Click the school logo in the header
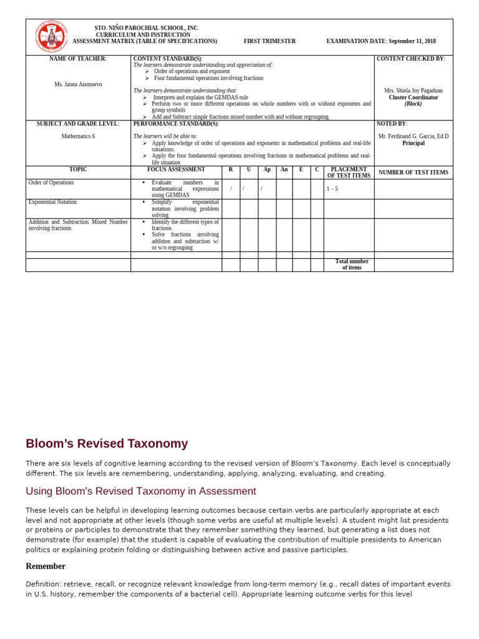(52, 36)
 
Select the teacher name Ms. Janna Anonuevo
(78, 84)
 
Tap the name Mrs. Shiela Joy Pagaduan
(414, 90)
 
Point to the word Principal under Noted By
(414, 143)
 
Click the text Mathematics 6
(78, 136)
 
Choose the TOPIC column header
(78, 169)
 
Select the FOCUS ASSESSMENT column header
(176, 169)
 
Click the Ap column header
(267, 170)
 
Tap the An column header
(284, 170)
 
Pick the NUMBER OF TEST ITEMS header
(414, 172)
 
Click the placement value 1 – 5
(332, 188)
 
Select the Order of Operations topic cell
(51, 183)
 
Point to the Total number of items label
(352, 265)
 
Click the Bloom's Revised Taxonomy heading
(107, 444)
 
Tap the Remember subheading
(46, 567)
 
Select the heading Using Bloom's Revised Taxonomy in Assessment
(141, 491)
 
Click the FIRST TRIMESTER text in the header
(269, 41)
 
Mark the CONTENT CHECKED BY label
(411, 59)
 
